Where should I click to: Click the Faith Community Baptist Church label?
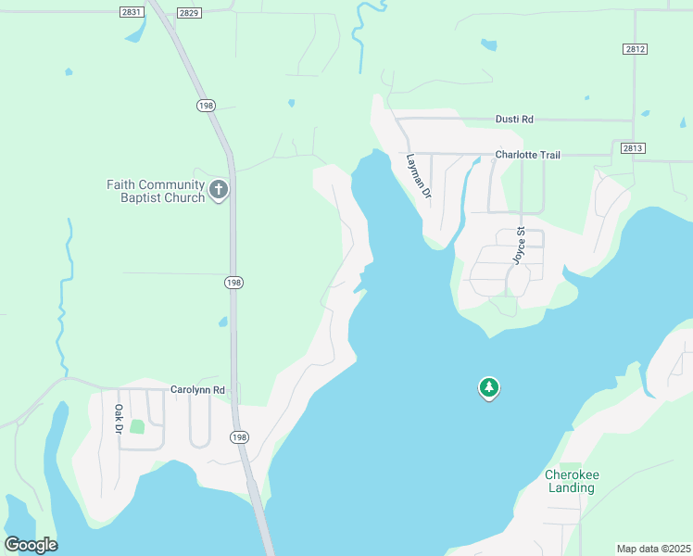156,191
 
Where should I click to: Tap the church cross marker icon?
220,191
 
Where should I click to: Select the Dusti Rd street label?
515,120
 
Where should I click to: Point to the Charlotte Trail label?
527,155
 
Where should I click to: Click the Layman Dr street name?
420,176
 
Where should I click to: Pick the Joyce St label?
520,246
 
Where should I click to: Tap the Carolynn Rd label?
198,390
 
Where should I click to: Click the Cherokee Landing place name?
571,481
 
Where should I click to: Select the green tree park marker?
488,387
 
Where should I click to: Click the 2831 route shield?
132,11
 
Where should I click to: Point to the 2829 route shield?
188,11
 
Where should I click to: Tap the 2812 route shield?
635,48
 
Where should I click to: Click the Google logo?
31,545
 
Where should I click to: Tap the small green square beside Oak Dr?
137,426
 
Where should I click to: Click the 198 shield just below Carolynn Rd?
238,437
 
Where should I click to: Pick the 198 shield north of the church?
205,106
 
